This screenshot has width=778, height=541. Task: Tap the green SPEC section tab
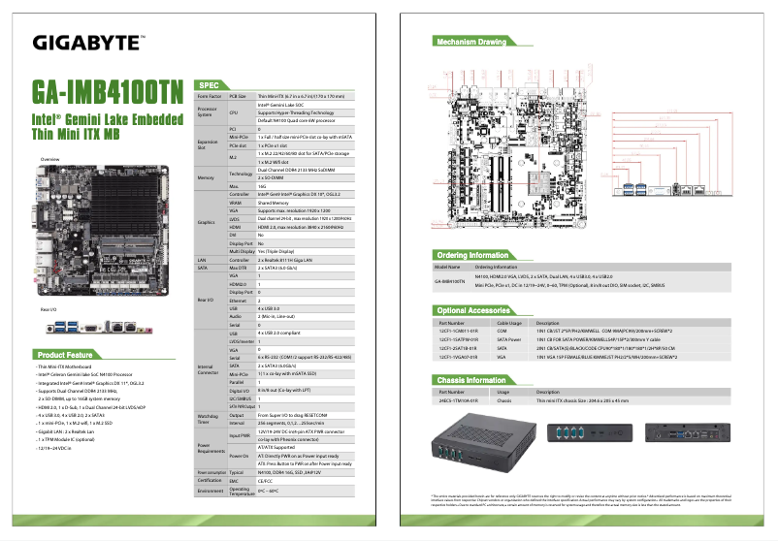[x=212, y=84]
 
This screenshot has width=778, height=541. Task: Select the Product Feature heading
[x=66, y=354]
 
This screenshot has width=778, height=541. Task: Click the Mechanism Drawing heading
[x=471, y=43]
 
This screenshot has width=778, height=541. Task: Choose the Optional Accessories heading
[x=475, y=309]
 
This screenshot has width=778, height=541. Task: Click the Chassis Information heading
[x=473, y=380]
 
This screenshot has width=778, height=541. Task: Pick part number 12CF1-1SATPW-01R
[x=458, y=338]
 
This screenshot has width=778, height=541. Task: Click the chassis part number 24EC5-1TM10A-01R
[x=458, y=399]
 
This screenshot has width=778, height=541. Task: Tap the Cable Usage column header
[x=510, y=322]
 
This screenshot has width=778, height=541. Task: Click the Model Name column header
[x=447, y=267]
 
